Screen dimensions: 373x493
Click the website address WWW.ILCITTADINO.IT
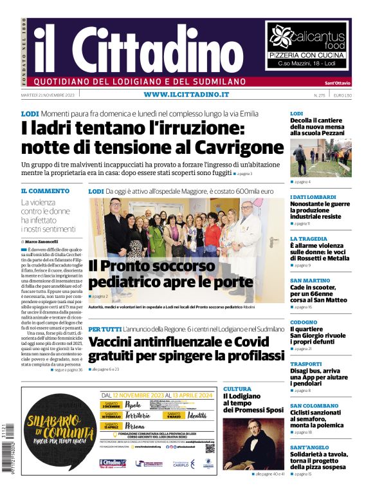186,95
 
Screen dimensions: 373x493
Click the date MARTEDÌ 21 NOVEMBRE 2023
48,95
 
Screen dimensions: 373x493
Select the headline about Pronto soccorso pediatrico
170,274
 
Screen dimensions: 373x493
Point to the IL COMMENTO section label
45,191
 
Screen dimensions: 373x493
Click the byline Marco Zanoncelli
46,241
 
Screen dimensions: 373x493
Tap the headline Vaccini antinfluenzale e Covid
186,348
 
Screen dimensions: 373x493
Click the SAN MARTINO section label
306,281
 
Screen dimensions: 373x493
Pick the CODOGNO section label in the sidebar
304,322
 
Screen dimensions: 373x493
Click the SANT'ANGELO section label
309,447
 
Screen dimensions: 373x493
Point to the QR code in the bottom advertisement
210,449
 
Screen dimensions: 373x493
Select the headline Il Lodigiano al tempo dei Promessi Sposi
253,403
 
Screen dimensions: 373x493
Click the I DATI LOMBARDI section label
313,197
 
